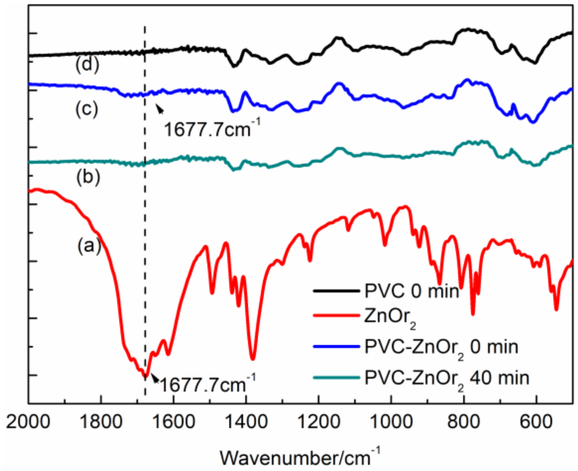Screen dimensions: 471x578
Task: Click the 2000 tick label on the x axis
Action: point(28,422)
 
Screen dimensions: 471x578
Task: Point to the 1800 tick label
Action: point(101,422)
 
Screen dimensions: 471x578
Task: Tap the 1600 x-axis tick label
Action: point(174,422)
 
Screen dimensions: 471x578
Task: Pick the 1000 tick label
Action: point(391,422)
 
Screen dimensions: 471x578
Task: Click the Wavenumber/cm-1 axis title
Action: point(300,458)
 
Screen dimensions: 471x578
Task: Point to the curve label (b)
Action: point(88,177)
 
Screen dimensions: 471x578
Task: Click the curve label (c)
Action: point(87,109)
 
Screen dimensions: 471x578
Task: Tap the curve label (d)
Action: point(87,65)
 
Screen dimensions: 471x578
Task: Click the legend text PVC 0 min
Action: point(412,291)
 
